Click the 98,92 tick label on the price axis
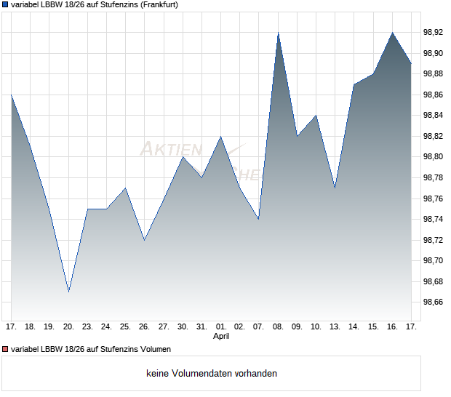click(x=434, y=32)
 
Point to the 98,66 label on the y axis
click(x=434, y=302)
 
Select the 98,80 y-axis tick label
click(x=434, y=156)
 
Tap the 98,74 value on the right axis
click(x=434, y=219)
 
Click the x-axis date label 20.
click(x=68, y=326)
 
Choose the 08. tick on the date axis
click(x=278, y=326)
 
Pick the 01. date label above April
click(x=221, y=326)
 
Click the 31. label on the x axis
click(x=202, y=326)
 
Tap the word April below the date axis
click(x=221, y=337)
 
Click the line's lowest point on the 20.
click(x=68, y=292)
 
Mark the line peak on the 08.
click(x=278, y=33)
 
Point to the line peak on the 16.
click(x=393, y=33)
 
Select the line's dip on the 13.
click(x=335, y=188)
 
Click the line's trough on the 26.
click(x=144, y=240)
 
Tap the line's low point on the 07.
click(x=258, y=219)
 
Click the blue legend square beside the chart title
click(x=4, y=5)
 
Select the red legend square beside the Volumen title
click(x=4, y=349)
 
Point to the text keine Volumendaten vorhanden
click(x=212, y=374)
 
